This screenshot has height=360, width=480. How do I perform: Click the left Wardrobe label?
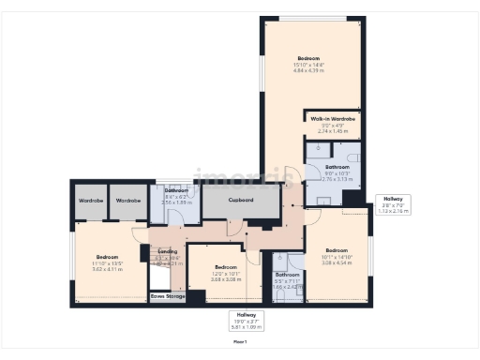tap(90, 201)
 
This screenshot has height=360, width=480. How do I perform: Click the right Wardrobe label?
tap(128, 201)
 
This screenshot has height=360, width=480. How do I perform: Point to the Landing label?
tap(168, 251)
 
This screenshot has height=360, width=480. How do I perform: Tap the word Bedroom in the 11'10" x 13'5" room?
tap(107, 257)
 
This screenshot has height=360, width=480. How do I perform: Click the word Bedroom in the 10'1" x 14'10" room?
tap(336, 250)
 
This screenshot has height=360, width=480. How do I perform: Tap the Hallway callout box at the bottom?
tap(246, 322)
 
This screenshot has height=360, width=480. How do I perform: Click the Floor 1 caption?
tap(240, 342)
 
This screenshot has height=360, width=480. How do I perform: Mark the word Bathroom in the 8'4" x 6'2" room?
tap(176, 190)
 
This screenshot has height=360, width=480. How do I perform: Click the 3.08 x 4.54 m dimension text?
tap(336, 263)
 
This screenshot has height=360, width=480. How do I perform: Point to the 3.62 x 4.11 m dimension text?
tap(107, 270)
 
